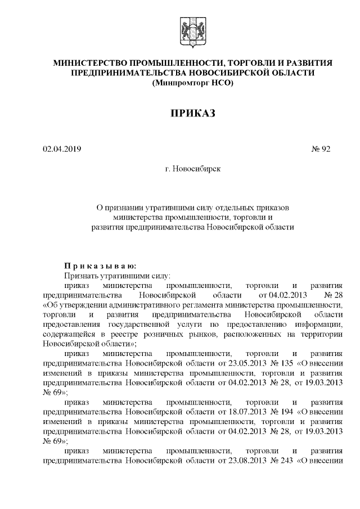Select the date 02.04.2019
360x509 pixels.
pos(62,150)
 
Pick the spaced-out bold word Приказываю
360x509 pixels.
pos(97,265)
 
